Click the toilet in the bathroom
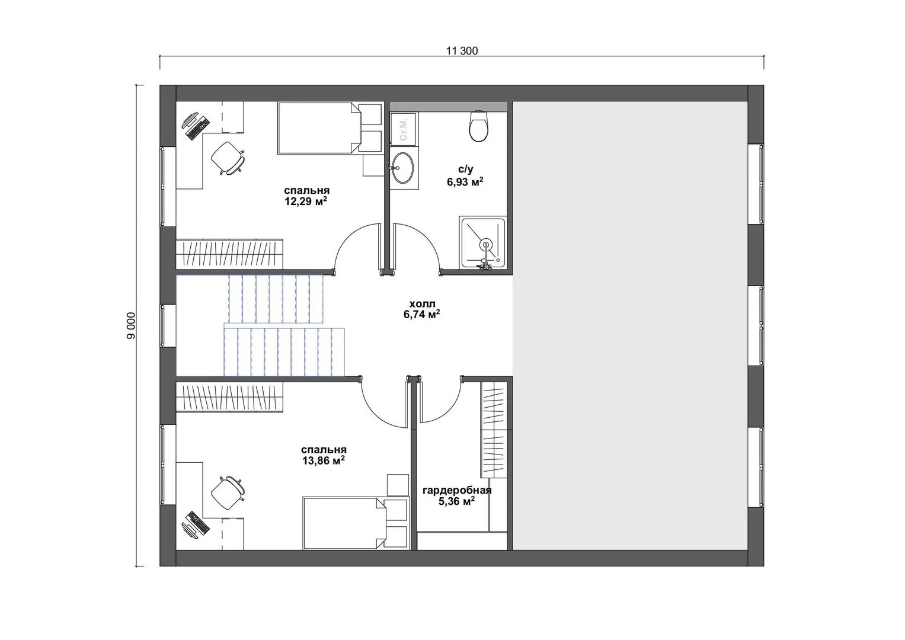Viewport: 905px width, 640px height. [x=479, y=126]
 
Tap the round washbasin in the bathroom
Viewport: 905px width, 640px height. [x=403, y=167]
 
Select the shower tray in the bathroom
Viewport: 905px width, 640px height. [x=483, y=243]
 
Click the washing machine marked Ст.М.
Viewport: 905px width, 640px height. [x=403, y=129]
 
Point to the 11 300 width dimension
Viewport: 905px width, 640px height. [x=462, y=51]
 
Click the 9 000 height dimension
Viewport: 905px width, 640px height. [x=132, y=326]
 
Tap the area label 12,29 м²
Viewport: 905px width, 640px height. [x=306, y=201]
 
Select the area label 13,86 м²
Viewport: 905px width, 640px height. [x=324, y=460]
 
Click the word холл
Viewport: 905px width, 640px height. [x=422, y=303]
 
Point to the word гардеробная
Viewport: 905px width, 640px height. [x=457, y=491]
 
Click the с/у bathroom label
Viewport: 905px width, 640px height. [x=465, y=169]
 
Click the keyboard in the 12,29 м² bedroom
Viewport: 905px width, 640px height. [x=199, y=127]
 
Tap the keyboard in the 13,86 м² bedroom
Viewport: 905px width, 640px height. [x=198, y=523]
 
